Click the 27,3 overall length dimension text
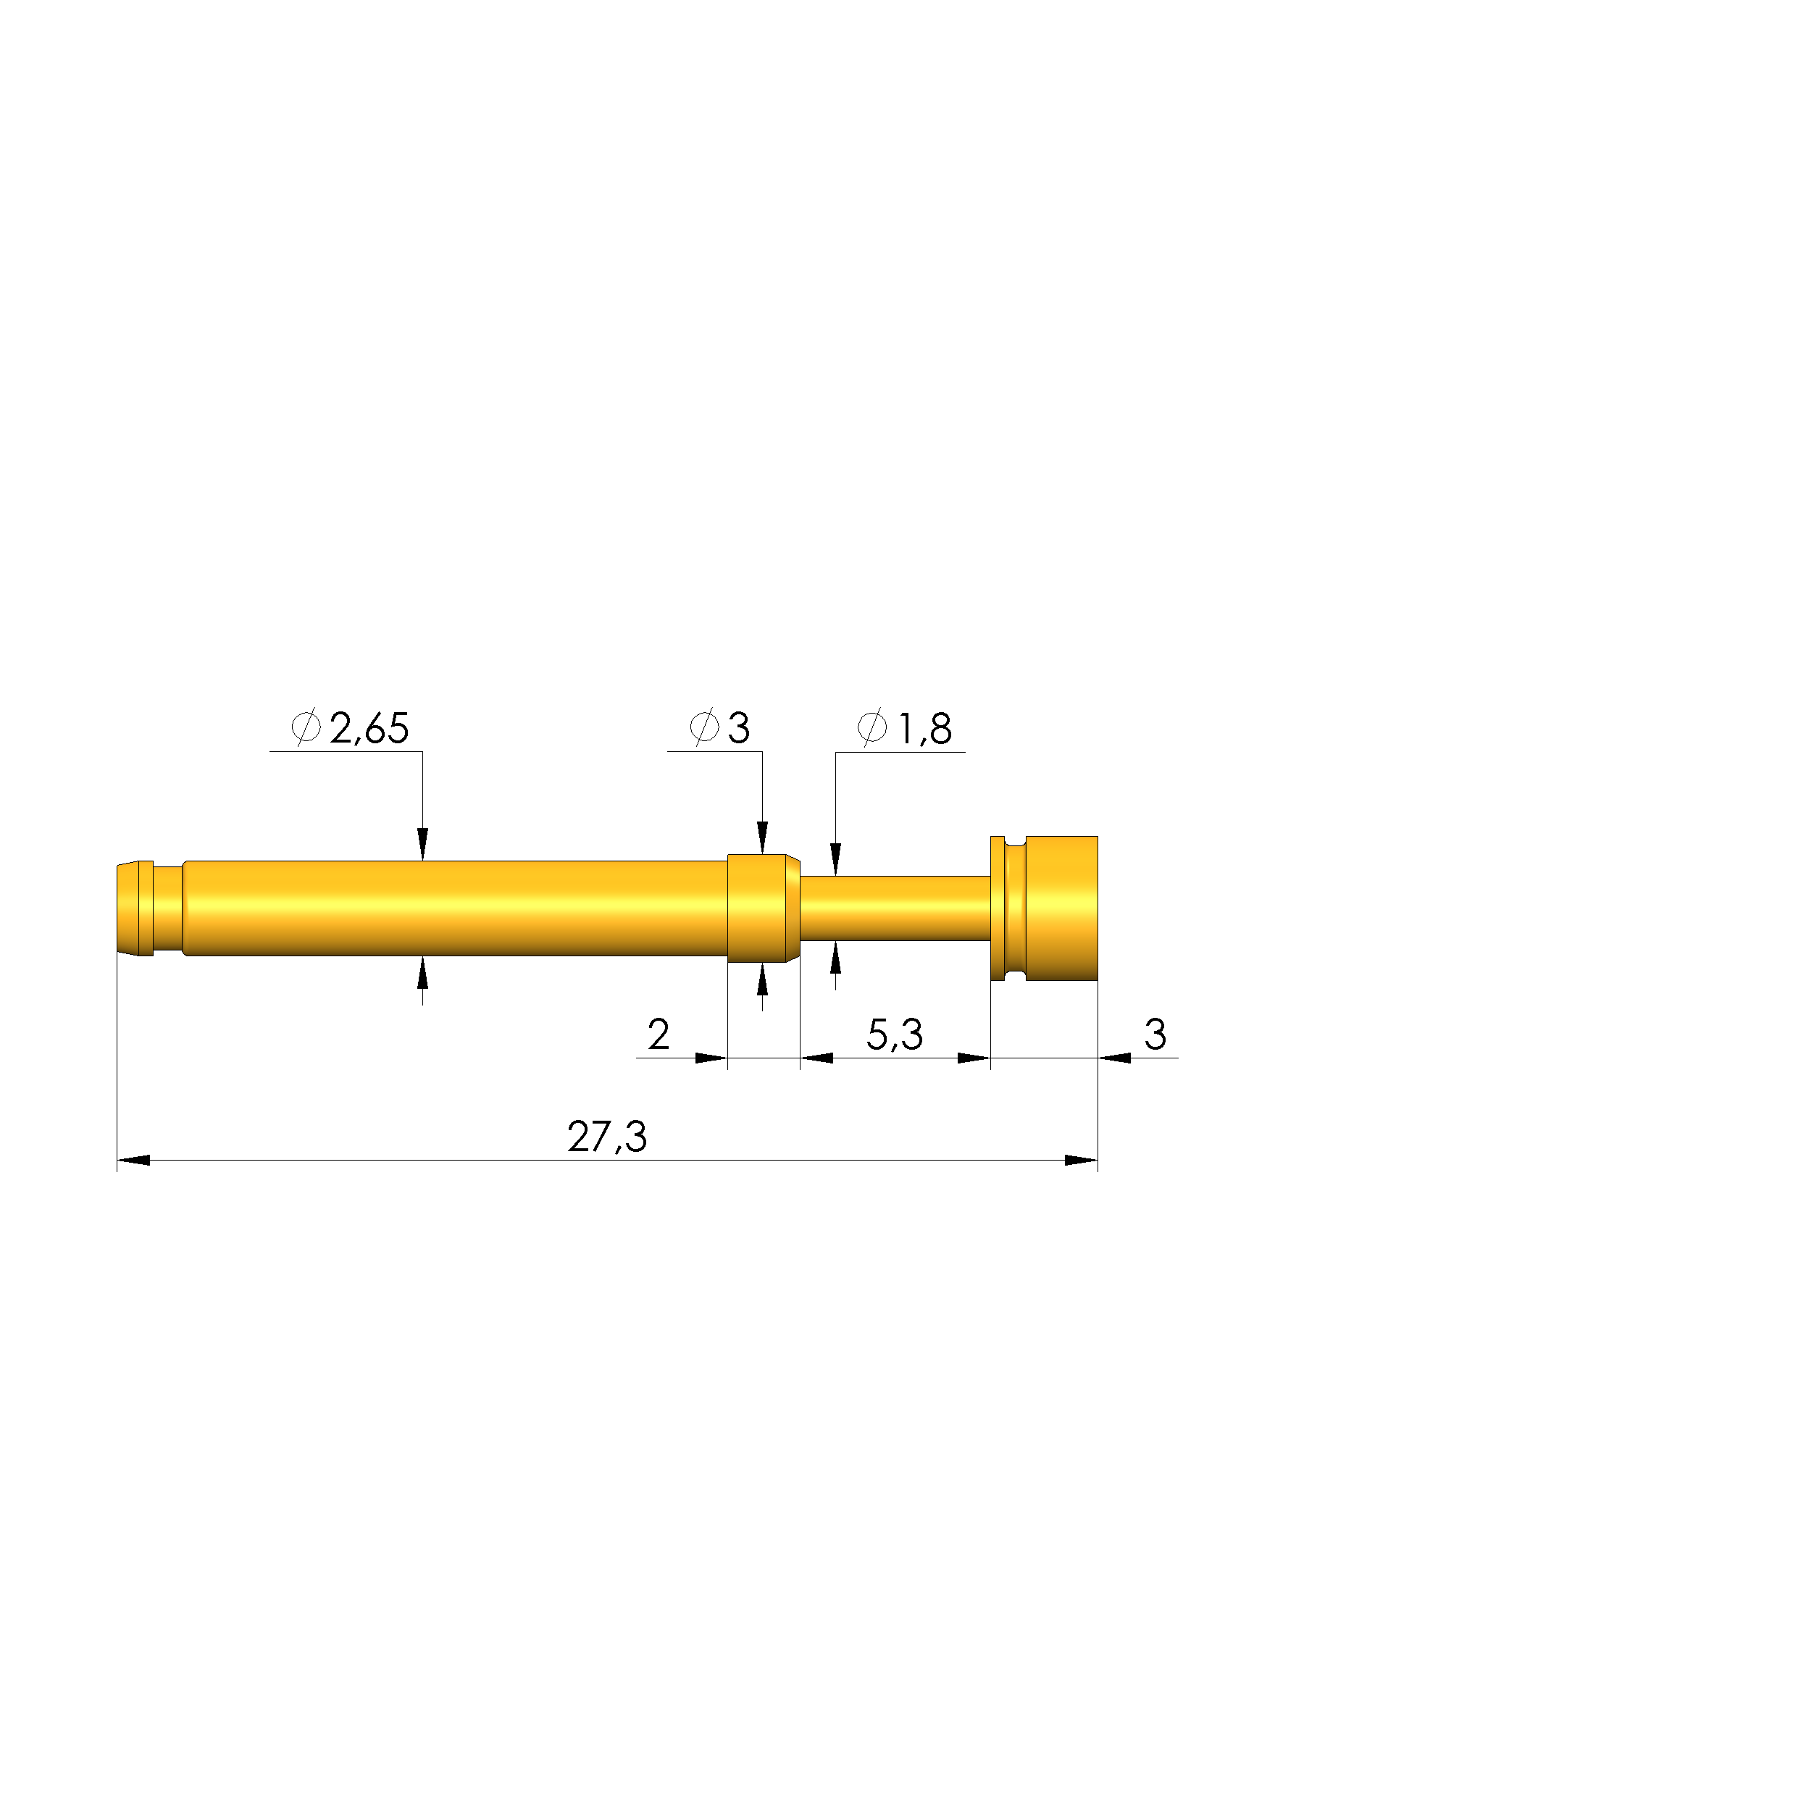(606, 1137)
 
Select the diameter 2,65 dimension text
(369, 729)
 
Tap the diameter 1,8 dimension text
(925, 729)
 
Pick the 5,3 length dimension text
(894, 1035)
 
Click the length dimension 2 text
(659, 1035)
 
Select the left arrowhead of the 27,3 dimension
(133, 1161)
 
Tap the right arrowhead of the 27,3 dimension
(1081, 1161)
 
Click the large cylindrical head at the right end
(1061, 908)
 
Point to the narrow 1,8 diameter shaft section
(894, 908)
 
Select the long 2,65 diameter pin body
(456, 908)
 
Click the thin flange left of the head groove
(997, 908)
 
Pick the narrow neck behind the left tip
(168, 908)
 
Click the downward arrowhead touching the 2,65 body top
(422, 845)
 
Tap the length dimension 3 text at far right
(1155, 1035)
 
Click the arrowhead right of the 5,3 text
(974, 1058)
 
